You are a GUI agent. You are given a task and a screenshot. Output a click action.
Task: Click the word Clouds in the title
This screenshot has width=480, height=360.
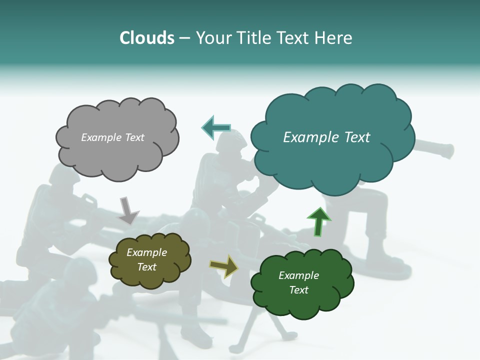[146, 38]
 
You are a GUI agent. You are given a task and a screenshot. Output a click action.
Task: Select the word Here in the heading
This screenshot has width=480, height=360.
[334, 38]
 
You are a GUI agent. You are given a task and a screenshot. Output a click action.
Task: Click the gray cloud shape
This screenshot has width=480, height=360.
[117, 150]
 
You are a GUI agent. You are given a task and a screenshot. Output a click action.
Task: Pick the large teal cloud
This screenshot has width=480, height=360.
[332, 160]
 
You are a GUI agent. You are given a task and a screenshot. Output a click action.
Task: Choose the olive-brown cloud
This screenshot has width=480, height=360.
[149, 277]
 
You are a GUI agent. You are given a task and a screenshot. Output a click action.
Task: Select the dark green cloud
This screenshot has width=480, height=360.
[302, 300]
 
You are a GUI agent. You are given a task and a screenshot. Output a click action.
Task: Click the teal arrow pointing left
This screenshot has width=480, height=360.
[216, 128]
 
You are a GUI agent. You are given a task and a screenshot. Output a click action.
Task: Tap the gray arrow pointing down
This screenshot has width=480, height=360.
[127, 210]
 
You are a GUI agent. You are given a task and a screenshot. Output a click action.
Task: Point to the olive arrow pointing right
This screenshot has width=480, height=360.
[224, 266]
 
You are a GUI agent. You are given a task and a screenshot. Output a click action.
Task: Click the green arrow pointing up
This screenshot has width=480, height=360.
[318, 222]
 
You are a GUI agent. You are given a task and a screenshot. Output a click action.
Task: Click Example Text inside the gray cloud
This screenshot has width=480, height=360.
[112, 137]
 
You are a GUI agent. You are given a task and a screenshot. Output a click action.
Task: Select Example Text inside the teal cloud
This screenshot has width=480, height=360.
[326, 137]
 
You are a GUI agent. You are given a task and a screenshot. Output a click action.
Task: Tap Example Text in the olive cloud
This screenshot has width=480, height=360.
[146, 260]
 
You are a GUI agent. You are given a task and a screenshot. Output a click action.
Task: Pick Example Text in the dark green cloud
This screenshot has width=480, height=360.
[298, 282]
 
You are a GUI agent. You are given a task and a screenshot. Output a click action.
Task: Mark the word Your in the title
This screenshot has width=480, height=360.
[212, 38]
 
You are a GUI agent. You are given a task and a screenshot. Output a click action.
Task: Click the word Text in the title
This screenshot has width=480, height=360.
[293, 38]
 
